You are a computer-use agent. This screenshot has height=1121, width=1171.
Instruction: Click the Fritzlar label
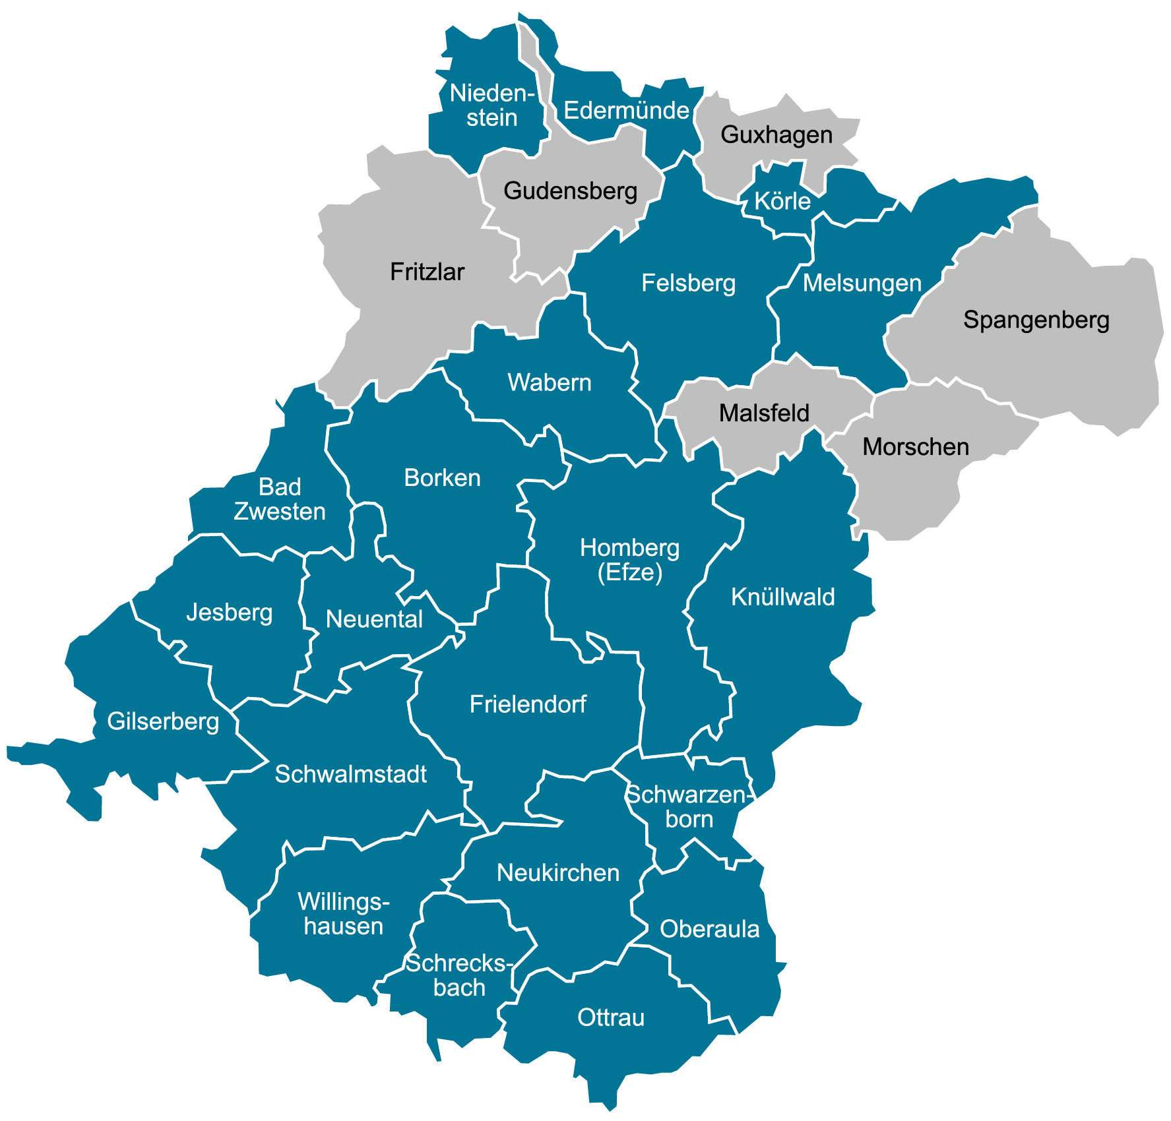coord(427,272)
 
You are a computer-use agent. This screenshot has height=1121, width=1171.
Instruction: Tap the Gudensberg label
coord(570,191)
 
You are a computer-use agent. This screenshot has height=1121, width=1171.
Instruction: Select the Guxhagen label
coord(776,135)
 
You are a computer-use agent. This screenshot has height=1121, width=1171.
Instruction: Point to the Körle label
coord(782,201)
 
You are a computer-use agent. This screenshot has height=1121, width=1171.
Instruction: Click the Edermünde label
coord(626,110)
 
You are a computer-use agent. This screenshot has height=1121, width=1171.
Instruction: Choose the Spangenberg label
coord(1036,320)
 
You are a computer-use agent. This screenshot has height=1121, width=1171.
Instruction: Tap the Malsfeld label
coord(764,413)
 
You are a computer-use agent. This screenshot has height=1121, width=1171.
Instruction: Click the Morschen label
coord(916,447)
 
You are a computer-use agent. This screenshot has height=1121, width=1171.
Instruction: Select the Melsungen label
coord(862,283)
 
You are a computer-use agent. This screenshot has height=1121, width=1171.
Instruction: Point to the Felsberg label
coord(688,283)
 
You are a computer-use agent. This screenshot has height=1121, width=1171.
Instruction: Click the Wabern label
coord(549,382)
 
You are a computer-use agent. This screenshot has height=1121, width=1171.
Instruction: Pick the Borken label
coord(442,477)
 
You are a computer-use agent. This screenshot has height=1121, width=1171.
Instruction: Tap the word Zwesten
coord(280,512)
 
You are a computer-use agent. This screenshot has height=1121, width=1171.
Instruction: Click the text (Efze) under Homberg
coord(629,572)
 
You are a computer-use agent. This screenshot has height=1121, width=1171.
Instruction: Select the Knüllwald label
coord(782,597)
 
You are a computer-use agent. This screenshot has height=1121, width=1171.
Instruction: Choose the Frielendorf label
coord(528,704)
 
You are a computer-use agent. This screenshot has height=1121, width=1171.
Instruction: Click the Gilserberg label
coord(163,721)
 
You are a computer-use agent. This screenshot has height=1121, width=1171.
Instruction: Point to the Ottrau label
coord(610,1017)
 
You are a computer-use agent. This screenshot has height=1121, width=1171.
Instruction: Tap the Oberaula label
coord(709,929)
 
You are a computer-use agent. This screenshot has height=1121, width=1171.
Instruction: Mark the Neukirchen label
coord(557,873)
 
